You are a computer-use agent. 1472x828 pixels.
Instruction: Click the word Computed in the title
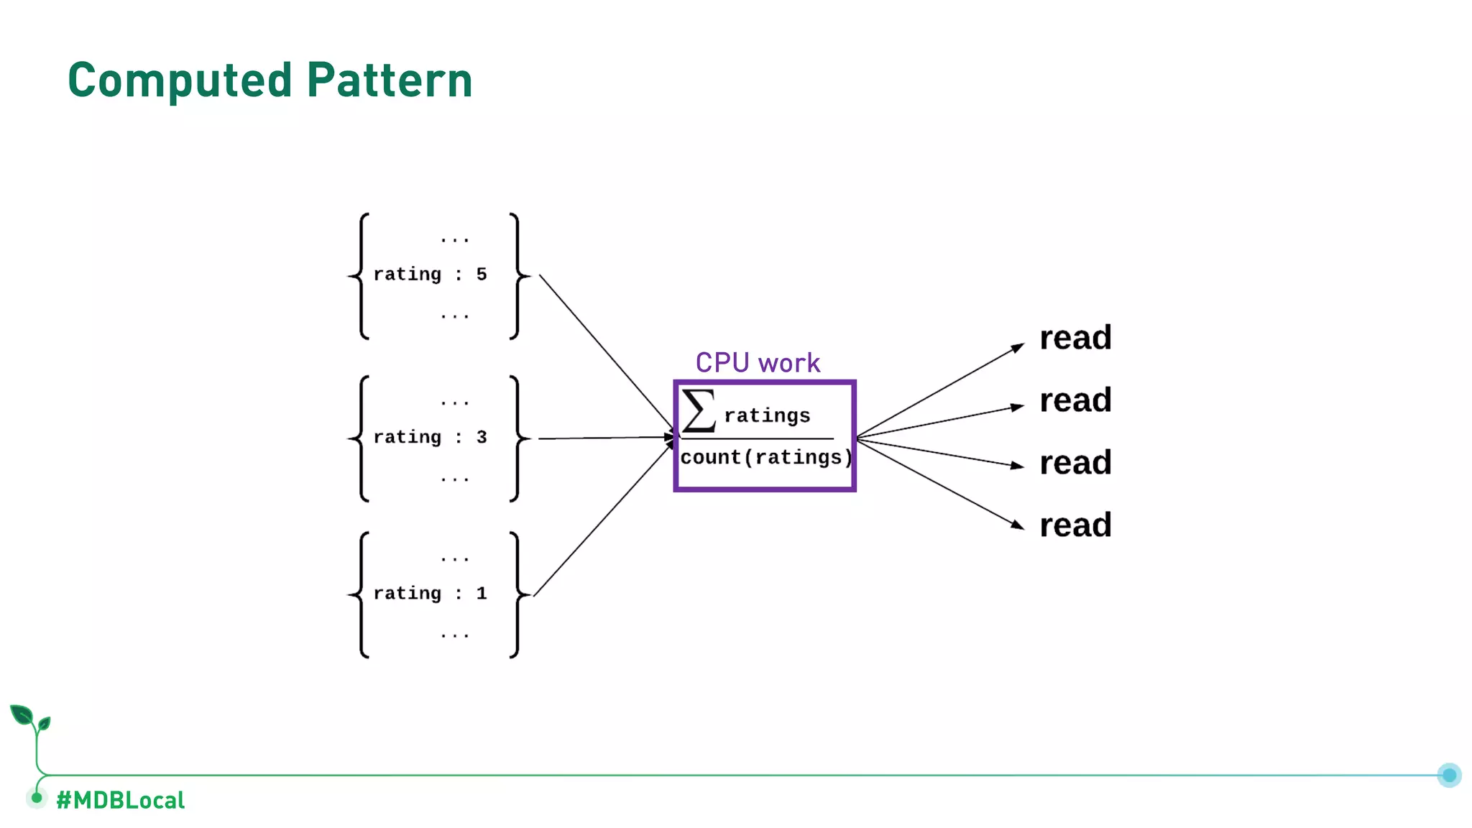point(180,80)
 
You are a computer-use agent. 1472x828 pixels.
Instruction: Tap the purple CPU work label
point(758,363)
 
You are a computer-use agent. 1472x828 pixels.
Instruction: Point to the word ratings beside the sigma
point(767,415)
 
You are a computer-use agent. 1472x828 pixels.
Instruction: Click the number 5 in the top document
point(482,275)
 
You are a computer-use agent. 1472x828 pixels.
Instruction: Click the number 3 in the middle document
point(482,437)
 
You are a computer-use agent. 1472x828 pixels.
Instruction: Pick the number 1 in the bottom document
point(482,594)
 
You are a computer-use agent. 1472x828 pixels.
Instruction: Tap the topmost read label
point(1075,338)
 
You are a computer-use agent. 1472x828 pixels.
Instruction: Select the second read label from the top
point(1075,400)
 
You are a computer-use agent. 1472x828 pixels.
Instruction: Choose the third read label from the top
point(1075,463)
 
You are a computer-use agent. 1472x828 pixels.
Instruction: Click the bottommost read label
point(1075,525)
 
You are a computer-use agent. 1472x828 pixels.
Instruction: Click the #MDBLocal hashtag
point(121,800)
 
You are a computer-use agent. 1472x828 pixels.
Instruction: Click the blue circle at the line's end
point(1449,775)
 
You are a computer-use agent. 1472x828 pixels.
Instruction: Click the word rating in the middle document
point(407,437)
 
